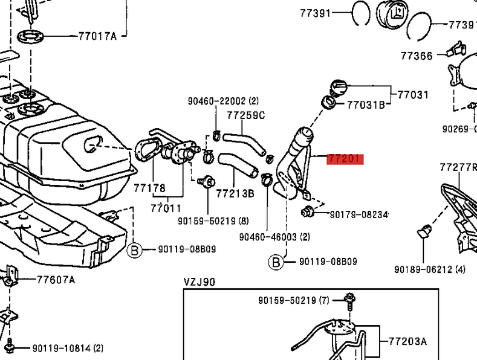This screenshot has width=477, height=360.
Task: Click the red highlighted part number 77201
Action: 345,159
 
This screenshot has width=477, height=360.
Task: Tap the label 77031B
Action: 365,104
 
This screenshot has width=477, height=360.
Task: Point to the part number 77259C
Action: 245,115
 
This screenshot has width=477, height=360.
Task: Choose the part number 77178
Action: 149,188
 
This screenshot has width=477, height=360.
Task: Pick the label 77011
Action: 166,208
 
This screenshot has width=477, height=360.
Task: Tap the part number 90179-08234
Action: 359,214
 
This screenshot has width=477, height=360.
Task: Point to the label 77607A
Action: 56,280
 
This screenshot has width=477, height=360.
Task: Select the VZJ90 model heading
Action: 200,281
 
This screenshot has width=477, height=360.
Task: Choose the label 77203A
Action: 407,342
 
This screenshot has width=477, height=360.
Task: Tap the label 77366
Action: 417,56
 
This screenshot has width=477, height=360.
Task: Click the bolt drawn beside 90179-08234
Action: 308,211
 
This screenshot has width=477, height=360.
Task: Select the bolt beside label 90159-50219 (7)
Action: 350,298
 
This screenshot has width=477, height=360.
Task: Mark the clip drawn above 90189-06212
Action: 424,231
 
